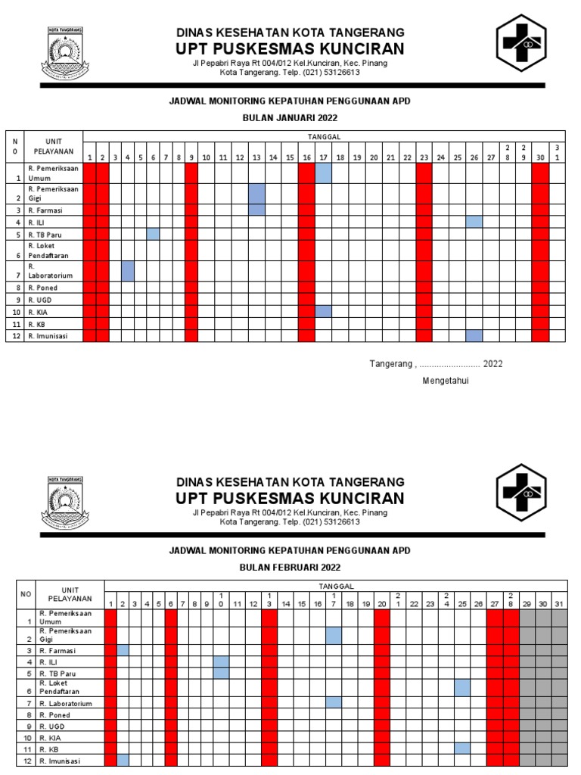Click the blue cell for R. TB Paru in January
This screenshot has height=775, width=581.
click(x=153, y=234)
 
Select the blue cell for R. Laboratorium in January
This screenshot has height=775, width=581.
click(x=128, y=270)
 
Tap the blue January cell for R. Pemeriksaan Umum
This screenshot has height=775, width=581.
click(x=323, y=173)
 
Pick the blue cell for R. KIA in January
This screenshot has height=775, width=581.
click(x=323, y=311)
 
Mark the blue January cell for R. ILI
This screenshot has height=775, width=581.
click(x=474, y=222)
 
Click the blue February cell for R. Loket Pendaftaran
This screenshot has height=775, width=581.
click(x=462, y=687)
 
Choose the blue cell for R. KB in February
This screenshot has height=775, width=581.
click(x=462, y=748)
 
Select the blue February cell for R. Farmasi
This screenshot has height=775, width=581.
click(x=123, y=650)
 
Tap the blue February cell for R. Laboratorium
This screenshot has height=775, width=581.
click(x=334, y=702)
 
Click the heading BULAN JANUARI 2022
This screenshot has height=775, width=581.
click(x=290, y=118)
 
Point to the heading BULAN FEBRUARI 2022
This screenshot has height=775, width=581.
click(x=290, y=567)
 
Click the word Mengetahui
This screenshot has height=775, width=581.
click(x=446, y=381)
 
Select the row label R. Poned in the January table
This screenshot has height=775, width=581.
click(x=42, y=288)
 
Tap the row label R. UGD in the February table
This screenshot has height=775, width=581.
click(x=51, y=725)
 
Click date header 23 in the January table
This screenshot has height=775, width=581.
click(x=424, y=157)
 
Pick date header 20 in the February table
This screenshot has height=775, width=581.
click(x=381, y=604)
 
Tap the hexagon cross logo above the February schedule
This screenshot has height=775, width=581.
click(x=520, y=493)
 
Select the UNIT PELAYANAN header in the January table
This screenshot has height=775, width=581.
click(x=53, y=146)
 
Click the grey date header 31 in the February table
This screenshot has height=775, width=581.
click(x=559, y=604)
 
